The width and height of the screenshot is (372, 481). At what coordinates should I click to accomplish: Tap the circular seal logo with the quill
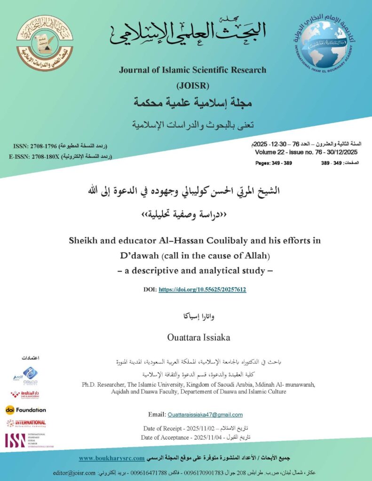45,43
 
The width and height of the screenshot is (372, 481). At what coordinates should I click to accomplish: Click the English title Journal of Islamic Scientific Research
192,70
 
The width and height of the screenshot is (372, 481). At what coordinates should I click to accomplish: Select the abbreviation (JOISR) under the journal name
192,85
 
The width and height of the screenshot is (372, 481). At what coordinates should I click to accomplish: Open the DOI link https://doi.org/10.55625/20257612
202,289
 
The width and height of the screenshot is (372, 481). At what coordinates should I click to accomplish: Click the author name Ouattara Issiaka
192,337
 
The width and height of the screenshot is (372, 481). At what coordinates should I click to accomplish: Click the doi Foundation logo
26,410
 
